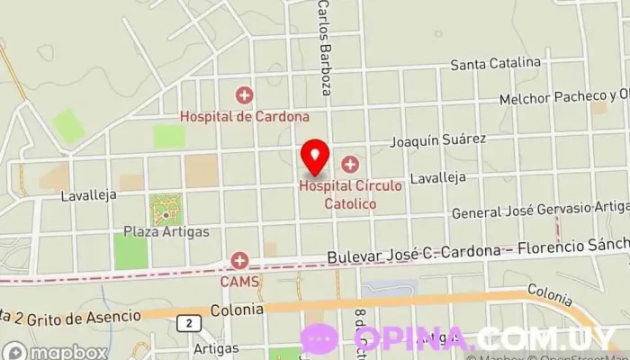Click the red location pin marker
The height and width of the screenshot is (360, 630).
click(x=315, y=156)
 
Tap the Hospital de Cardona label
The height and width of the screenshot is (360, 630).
click(x=244, y=116)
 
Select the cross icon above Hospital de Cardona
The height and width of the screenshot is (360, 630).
click(x=244, y=95)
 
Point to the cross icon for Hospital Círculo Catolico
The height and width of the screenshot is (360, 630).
click(x=349, y=165)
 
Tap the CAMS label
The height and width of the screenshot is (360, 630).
click(x=240, y=281)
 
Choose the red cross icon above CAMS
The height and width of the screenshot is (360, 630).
click(x=240, y=261)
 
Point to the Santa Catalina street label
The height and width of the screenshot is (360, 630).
click(x=496, y=64)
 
